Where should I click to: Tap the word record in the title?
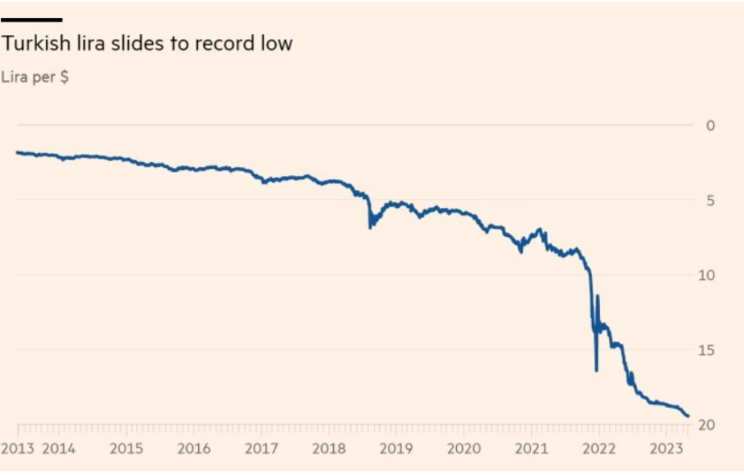click(223, 44)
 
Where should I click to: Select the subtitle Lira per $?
click(35, 76)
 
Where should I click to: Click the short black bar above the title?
click(32, 20)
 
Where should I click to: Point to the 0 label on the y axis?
click(711, 125)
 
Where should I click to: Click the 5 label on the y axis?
click(711, 200)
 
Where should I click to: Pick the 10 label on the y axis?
click(707, 275)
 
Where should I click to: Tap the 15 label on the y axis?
click(707, 350)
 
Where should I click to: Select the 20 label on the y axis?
click(707, 425)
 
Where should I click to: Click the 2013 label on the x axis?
click(18, 449)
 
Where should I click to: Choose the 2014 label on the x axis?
click(59, 449)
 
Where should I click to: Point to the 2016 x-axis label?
click(194, 449)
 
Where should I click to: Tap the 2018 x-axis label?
click(329, 449)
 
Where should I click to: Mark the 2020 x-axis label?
click(464, 449)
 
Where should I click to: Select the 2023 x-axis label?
click(666, 449)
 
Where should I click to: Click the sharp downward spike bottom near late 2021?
click(596, 370)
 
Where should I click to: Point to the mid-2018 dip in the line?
click(370, 226)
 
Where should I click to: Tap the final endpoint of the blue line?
click(688, 416)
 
